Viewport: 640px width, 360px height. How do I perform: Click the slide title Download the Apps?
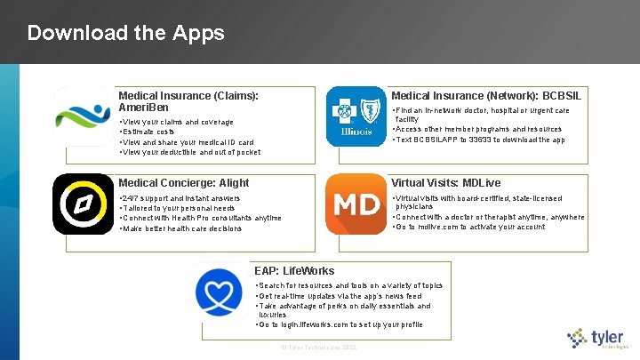tap(125, 34)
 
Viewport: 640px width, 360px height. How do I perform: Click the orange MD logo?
tap(356, 204)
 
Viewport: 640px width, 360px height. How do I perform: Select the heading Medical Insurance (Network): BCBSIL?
tap(486, 95)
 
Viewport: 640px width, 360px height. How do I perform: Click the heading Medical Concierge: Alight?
tap(184, 182)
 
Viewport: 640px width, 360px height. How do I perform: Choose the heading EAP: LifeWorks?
tap(294, 270)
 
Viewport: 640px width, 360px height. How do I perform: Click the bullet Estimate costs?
tap(150, 132)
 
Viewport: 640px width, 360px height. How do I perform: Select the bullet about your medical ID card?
tap(188, 142)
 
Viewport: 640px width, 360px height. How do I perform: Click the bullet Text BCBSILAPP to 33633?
tap(479, 140)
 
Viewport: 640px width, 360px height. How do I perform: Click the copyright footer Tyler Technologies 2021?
tap(318, 346)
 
